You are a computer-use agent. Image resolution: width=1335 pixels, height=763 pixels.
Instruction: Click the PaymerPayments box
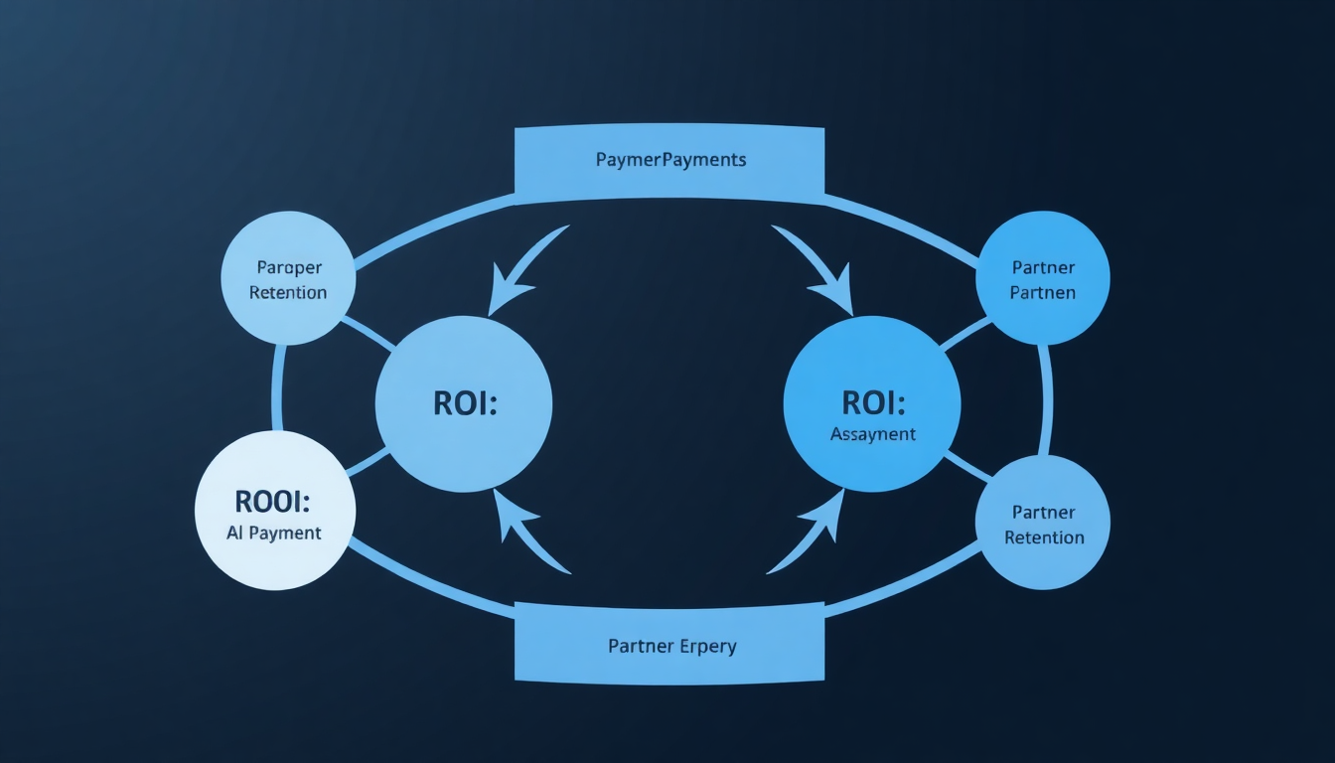[x=669, y=160]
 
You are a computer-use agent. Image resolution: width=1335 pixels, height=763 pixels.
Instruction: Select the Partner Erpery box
[x=669, y=646]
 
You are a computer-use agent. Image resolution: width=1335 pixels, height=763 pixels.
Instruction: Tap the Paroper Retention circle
[x=288, y=278]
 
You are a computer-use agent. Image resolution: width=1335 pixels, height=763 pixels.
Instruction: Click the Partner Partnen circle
[x=1043, y=279]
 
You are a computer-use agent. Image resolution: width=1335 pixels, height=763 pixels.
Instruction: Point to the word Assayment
[x=872, y=434]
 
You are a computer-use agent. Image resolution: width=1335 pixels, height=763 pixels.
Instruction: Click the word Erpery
[x=709, y=647]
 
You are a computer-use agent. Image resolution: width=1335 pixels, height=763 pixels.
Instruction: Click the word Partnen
[x=1044, y=293]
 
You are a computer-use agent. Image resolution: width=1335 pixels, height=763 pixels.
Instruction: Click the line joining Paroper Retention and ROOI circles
[x=278, y=388]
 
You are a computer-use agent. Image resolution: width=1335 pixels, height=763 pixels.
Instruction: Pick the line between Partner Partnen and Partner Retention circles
[x=1045, y=399]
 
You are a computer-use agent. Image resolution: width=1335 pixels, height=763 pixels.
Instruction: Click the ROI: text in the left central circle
[x=464, y=404]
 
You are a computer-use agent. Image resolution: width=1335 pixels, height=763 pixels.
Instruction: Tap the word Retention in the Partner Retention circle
[x=1044, y=538]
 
